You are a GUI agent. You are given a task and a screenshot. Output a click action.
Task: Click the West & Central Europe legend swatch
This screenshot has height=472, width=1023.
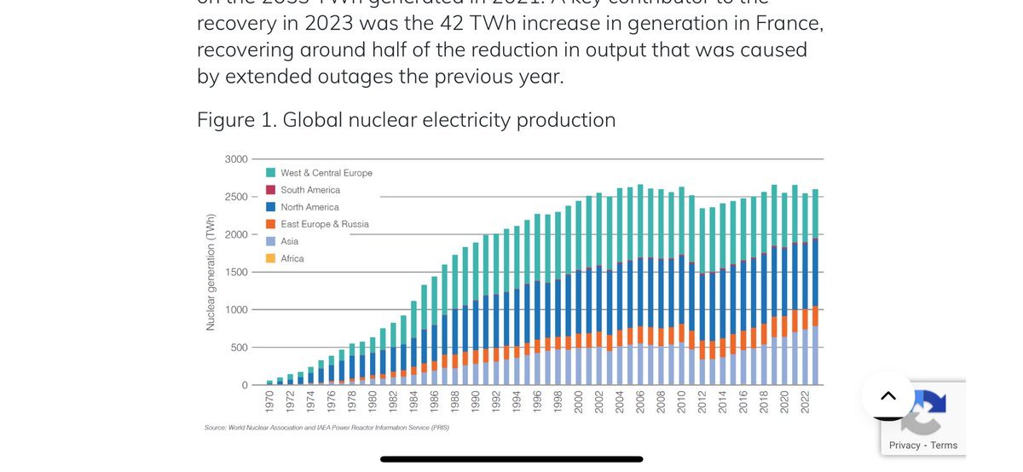point(270,173)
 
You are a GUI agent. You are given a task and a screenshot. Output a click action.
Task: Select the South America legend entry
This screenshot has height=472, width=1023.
point(310,190)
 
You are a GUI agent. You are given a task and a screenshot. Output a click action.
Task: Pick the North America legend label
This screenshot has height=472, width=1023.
point(309,207)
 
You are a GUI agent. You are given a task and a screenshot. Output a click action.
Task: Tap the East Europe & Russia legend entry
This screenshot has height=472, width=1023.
point(324,224)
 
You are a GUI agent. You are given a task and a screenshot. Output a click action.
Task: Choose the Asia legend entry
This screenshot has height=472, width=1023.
point(290,241)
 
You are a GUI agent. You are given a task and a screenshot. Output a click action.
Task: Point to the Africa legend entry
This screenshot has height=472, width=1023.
point(292,258)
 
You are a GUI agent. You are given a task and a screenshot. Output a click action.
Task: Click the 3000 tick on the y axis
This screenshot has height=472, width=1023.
point(236,159)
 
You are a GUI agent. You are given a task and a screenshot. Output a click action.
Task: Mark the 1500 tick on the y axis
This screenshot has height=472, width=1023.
point(236,273)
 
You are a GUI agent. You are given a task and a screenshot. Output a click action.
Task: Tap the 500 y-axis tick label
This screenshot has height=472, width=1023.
point(239,348)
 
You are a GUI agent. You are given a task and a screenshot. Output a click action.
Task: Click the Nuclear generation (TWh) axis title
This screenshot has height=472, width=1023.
point(211,273)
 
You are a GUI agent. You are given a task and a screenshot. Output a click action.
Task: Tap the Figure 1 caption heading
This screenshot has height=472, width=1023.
point(406,120)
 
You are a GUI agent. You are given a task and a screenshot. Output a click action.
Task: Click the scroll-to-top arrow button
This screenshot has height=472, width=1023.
point(887,395)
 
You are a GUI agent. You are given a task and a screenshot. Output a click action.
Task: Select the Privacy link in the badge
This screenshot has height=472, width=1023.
point(905,445)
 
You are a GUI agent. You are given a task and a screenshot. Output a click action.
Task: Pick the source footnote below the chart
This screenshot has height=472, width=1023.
point(327,427)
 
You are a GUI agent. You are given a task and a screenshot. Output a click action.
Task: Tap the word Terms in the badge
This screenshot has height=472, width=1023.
point(944,445)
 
